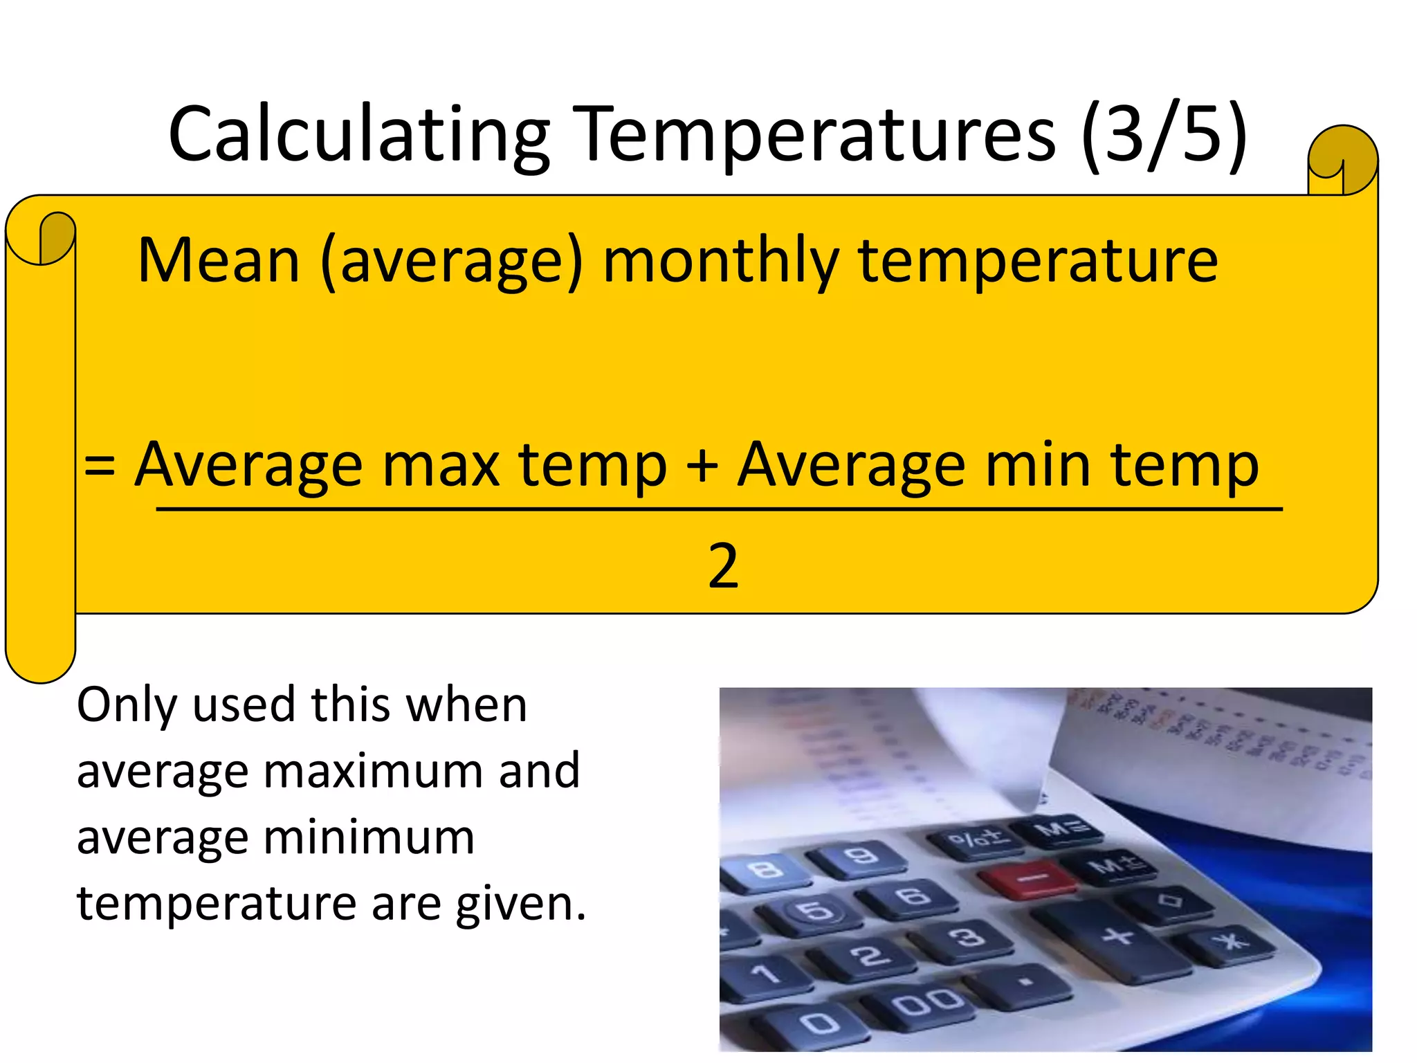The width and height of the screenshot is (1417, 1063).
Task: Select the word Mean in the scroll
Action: (219, 261)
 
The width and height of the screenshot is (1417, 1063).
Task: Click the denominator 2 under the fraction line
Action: (723, 566)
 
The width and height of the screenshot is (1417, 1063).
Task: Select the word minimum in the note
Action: (369, 837)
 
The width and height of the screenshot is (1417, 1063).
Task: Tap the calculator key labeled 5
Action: (818, 911)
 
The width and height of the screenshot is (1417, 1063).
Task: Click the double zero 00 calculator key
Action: (927, 1001)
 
